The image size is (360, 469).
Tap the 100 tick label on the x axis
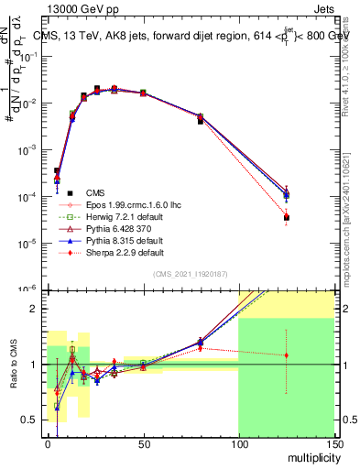[x=238, y=443]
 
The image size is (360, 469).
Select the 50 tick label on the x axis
[x=143, y=443]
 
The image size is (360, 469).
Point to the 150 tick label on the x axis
[x=333, y=443]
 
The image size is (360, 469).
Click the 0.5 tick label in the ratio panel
[x=29, y=420]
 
